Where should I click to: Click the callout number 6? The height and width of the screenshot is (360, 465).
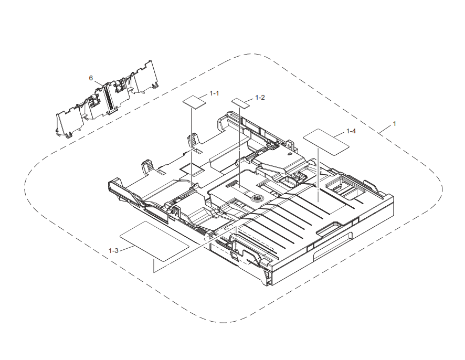point(91,78)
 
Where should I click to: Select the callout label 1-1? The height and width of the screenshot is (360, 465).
point(214,93)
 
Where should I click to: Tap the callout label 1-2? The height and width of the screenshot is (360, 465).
point(260,98)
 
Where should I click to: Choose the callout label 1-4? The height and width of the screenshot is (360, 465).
point(351,131)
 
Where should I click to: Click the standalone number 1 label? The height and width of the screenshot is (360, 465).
point(395,123)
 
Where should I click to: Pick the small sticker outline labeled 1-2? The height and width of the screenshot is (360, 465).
point(241,101)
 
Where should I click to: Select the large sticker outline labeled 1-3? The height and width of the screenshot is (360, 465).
point(154,241)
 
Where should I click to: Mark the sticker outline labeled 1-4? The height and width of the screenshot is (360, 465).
point(326,140)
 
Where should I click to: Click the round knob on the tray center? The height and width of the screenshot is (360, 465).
point(257,198)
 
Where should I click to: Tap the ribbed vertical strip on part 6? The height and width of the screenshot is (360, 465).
point(110,98)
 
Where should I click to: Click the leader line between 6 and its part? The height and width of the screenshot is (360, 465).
point(99,83)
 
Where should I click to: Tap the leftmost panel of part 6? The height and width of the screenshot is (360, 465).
point(66,121)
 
